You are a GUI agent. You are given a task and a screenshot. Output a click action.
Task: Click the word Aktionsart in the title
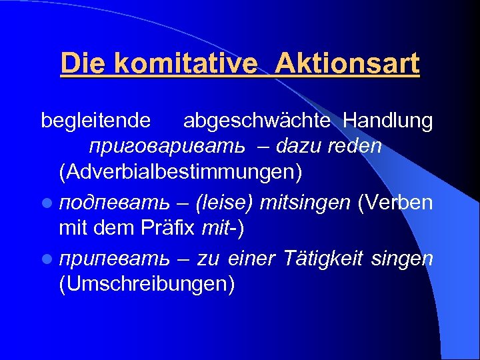pyautogui.click(x=347, y=64)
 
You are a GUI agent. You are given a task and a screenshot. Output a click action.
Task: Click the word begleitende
pyautogui.click(x=96, y=121)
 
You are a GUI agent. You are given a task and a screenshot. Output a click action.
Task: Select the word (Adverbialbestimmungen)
pyautogui.click(x=180, y=172)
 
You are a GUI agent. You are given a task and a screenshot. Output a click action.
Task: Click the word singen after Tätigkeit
pyautogui.click(x=405, y=258)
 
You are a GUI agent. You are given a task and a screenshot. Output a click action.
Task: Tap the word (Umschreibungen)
pyautogui.click(x=147, y=284)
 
